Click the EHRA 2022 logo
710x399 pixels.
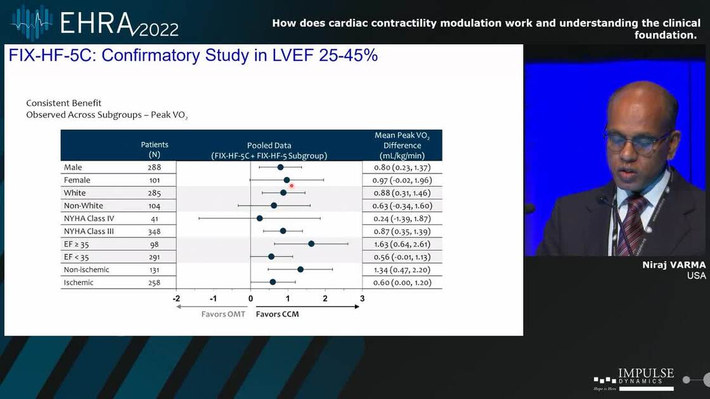[95, 23]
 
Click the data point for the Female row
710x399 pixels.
[287, 180]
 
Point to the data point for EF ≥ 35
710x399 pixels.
[311, 244]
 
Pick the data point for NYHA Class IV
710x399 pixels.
[259, 218]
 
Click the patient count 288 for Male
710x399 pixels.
[154, 168]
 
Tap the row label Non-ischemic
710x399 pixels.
[86, 270]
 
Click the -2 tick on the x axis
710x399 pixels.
[176, 298]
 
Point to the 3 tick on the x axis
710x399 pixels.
[362, 298]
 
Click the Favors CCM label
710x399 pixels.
[277, 313]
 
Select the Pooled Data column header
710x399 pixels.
[269, 150]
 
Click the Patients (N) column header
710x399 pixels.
[154, 149]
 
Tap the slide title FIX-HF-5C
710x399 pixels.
[193, 55]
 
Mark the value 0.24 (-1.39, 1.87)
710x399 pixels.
[401, 218]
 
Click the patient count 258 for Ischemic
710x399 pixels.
[154, 282]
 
